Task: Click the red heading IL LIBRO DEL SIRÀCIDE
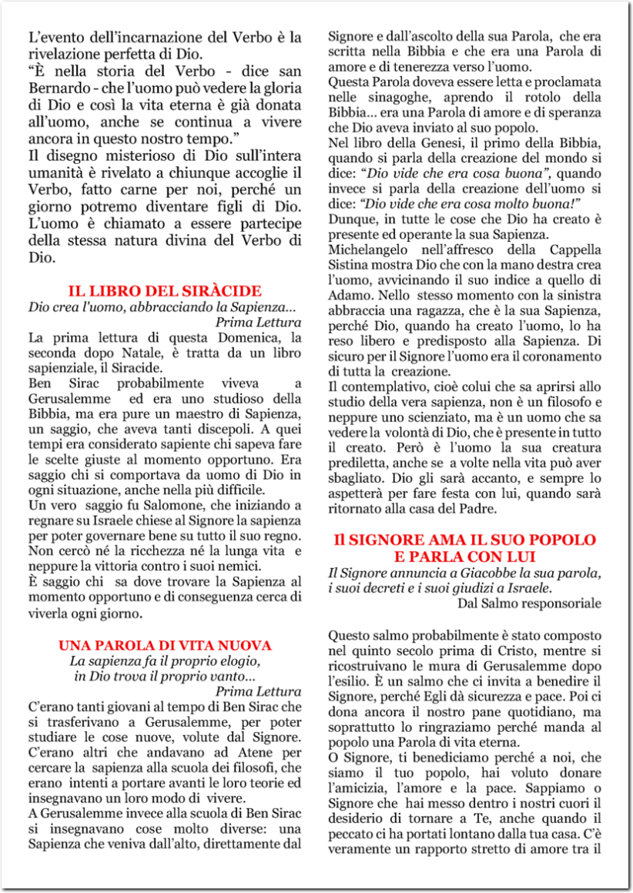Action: coord(165,291)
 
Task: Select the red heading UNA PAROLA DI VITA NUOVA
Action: coord(165,644)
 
